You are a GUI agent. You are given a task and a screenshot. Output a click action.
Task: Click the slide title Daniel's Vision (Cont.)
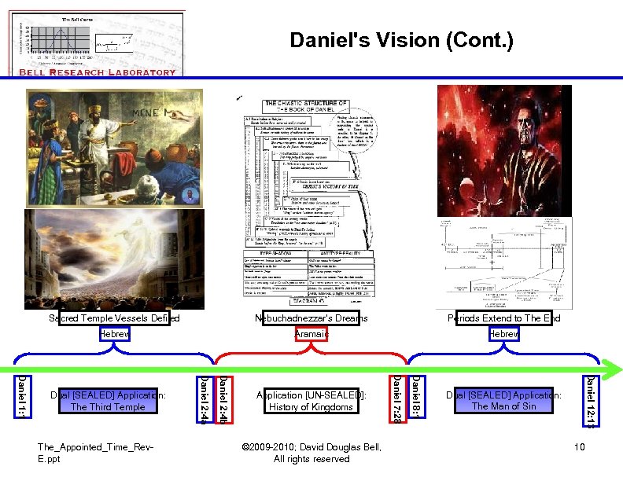click(x=401, y=40)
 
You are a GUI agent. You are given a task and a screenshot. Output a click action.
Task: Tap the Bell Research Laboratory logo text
click(x=97, y=72)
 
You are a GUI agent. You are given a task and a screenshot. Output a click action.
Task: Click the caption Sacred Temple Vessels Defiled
click(x=114, y=318)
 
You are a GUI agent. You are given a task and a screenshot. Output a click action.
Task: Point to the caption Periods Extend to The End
click(x=504, y=318)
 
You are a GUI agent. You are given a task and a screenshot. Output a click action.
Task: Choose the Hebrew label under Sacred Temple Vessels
click(x=114, y=334)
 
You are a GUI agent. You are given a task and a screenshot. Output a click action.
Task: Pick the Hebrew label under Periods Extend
click(x=503, y=334)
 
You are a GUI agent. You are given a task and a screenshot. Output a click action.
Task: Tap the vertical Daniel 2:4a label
click(x=204, y=401)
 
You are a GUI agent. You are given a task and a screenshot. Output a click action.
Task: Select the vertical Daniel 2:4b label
click(x=223, y=401)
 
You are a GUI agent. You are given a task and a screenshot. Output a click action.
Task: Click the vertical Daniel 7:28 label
click(x=398, y=401)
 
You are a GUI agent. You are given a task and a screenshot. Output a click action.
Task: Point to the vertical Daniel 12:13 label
click(x=590, y=401)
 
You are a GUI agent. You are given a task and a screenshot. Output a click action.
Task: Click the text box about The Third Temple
click(x=108, y=401)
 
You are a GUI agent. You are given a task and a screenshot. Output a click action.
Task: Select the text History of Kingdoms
click(x=311, y=407)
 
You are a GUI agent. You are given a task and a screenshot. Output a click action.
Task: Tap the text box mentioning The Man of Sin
click(x=503, y=401)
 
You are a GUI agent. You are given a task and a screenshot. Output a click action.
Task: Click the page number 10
click(x=579, y=447)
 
